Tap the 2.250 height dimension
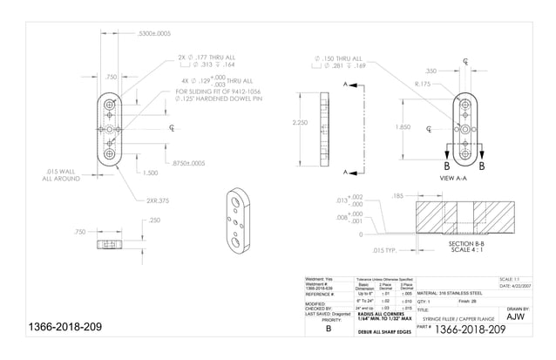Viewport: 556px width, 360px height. (x=302, y=122)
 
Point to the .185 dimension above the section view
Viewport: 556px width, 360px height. (x=398, y=196)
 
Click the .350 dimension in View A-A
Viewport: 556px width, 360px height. (x=431, y=71)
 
